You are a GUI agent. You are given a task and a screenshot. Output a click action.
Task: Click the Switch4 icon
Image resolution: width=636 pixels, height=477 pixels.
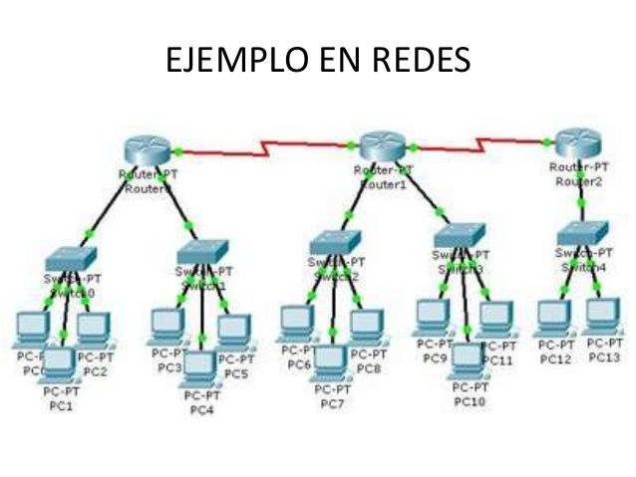[581, 231]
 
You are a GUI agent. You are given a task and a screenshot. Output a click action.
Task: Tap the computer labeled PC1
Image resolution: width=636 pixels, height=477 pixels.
[60, 363]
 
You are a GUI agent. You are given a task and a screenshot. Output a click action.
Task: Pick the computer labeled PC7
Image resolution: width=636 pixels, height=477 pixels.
[329, 360]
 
